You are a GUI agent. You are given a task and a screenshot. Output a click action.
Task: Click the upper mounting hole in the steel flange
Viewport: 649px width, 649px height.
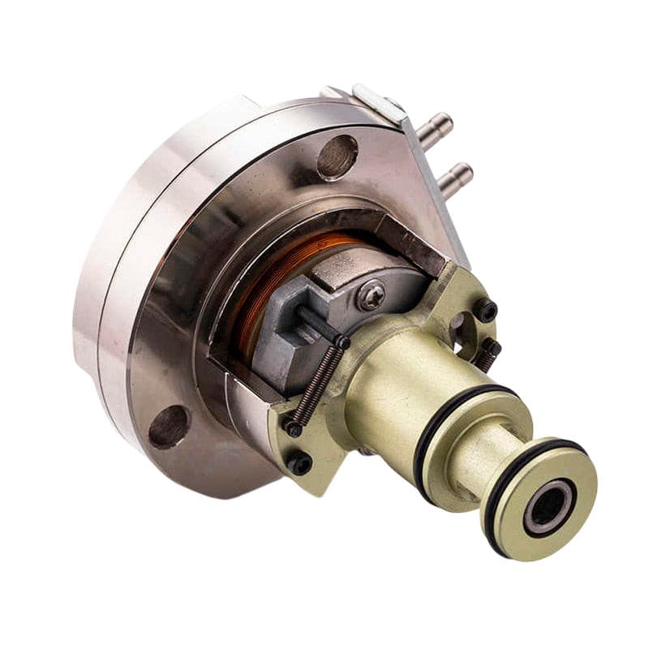tap(337, 156)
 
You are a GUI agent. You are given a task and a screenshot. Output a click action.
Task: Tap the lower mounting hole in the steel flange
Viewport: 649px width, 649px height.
tap(169, 426)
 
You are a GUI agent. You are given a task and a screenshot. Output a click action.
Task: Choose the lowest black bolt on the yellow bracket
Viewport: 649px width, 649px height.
tap(300, 464)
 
